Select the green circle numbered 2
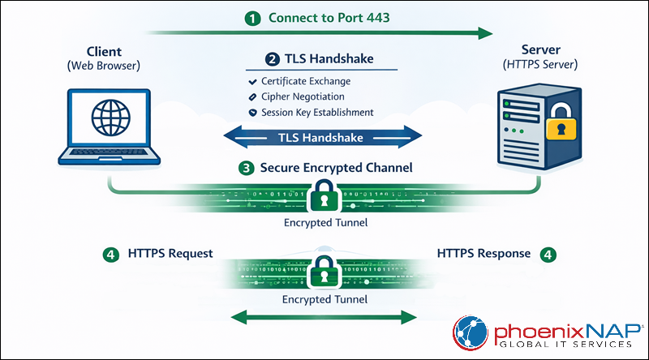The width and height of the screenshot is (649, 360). pos(273,59)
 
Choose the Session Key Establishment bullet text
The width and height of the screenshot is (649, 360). pos(317,113)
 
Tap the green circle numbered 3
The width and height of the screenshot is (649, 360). pos(247,168)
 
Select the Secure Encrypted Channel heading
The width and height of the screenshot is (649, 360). pos(336,168)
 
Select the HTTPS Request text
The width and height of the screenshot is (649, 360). pos(170,254)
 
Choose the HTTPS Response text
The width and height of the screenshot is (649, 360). pos(484,254)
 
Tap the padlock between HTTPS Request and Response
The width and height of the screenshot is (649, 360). pos(324,269)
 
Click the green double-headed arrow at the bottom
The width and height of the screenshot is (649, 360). pos(324,317)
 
